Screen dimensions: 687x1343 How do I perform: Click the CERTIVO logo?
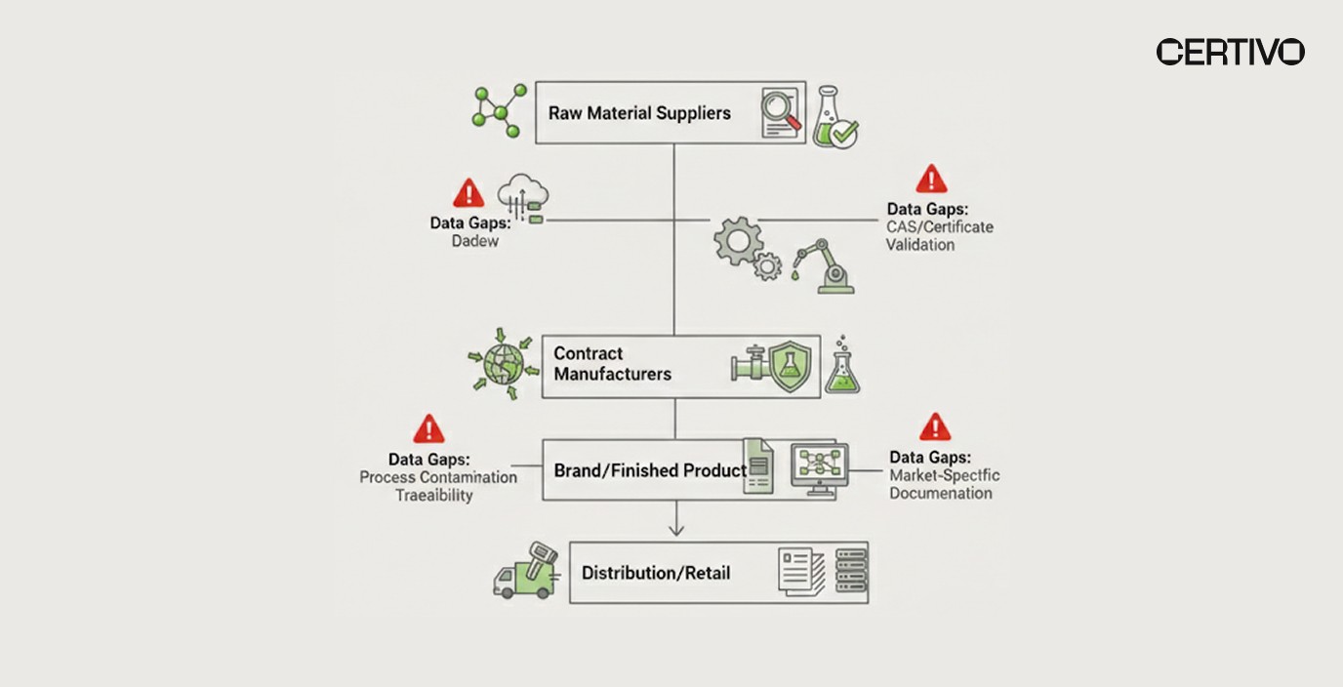click(1230, 52)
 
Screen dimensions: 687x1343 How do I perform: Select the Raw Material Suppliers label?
click(639, 113)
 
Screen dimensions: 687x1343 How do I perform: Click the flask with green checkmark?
click(834, 117)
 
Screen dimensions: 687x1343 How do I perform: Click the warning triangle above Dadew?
click(468, 192)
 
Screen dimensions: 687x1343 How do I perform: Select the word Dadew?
click(474, 241)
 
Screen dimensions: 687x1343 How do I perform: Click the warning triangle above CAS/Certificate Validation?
click(931, 180)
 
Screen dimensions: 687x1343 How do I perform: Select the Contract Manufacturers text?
click(612, 363)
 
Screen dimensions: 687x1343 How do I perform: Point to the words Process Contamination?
click(438, 477)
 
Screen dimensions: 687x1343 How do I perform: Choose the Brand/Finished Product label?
click(650, 470)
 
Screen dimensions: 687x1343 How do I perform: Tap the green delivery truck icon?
click(525, 572)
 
